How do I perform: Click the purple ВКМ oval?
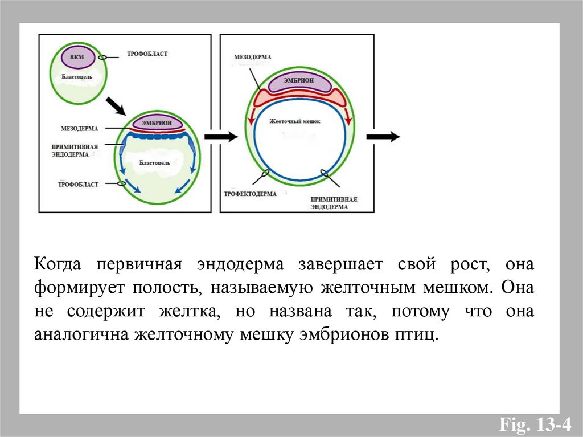point(72,59)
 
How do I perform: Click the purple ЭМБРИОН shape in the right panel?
point(299,82)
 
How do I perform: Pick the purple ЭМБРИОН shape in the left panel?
point(158,122)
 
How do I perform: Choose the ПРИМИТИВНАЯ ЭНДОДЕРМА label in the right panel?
point(334,203)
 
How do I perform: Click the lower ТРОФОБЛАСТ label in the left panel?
point(78,185)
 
